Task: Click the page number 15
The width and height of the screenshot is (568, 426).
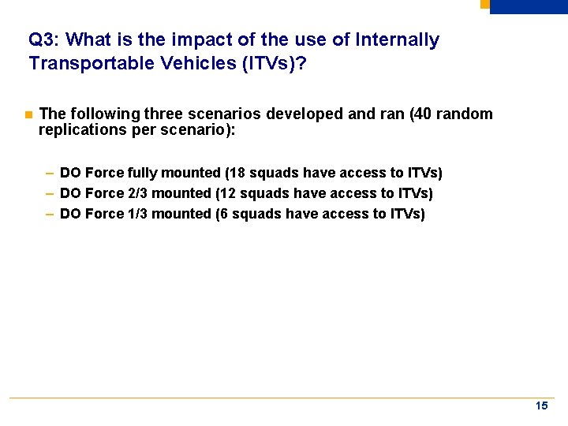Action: (541, 406)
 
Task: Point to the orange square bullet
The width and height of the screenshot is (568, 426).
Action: (28, 115)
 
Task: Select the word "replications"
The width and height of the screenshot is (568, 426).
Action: (77, 129)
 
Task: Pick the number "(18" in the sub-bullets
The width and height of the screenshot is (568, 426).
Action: (235, 173)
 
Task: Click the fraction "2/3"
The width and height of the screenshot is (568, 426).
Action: (139, 193)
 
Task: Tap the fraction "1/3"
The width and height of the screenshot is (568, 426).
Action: (139, 214)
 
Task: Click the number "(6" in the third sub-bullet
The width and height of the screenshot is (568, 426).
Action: (222, 214)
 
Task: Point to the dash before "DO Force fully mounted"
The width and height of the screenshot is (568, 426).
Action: (50, 173)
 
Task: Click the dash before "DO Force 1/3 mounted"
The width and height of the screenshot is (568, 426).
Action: (50, 214)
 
